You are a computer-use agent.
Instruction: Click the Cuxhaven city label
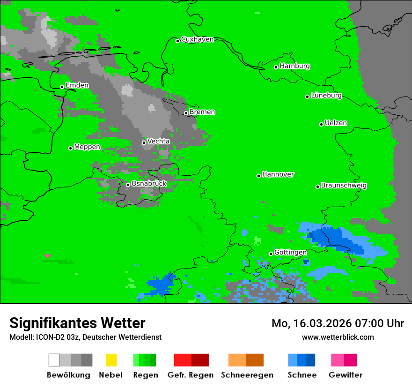(197, 39)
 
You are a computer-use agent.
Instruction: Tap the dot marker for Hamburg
(276, 67)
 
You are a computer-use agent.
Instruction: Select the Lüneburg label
(326, 96)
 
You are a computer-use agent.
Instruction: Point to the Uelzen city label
(336, 123)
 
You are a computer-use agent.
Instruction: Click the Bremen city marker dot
(186, 113)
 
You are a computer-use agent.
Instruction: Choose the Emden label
(77, 85)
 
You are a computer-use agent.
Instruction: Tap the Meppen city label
(87, 147)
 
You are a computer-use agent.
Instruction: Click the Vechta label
(158, 141)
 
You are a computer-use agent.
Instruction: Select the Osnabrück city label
(149, 184)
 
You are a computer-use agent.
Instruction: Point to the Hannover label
(278, 174)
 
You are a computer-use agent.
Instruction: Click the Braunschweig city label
(344, 186)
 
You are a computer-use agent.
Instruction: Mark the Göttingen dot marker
(271, 254)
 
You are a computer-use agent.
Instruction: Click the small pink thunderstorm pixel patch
(47, 256)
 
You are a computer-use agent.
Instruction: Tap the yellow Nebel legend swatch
(111, 360)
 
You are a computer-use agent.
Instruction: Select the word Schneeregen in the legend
(247, 375)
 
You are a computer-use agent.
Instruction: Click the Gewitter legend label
(345, 375)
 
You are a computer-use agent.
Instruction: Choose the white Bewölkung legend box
(54, 360)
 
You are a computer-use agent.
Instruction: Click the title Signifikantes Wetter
(77, 323)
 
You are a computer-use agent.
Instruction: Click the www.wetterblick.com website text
(338, 337)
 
